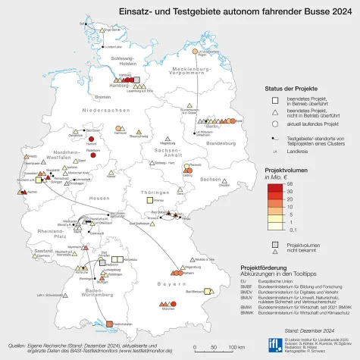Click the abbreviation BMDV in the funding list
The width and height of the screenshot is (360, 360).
pyautogui.click(x=246, y=290)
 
